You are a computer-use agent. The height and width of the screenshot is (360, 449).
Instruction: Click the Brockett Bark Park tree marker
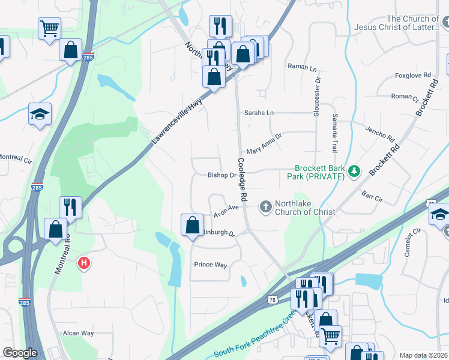click(355, 172)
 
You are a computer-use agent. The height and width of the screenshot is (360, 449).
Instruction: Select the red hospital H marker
click(85, 263)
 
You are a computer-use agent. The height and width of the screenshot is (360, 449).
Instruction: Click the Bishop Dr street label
click(221, 176)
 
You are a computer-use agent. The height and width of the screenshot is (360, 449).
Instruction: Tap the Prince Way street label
click(211, 265)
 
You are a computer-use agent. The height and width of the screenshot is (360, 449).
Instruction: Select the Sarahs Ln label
click(259, 113)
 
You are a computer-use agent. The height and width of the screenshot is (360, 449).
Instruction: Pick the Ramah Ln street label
click(302, 67)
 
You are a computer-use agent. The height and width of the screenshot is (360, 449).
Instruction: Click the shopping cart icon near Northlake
click(49, 28)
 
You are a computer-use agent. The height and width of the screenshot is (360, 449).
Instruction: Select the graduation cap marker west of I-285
click(40, 115)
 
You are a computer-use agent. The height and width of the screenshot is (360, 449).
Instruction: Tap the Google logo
click(20, 353)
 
